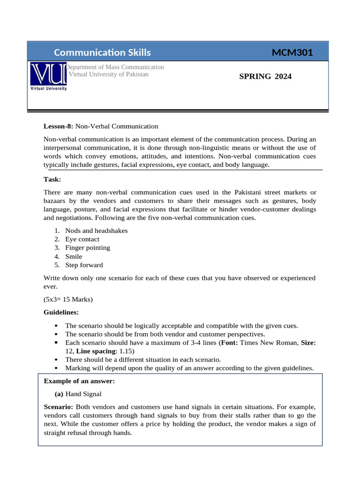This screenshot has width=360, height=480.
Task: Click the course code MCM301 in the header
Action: point(292,52)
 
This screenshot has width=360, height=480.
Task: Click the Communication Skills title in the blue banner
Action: point(102,52)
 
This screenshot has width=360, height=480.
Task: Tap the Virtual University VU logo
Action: point(48,76)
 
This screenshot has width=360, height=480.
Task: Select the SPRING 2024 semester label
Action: point(265,76)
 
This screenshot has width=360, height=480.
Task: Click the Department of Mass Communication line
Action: point(115,67)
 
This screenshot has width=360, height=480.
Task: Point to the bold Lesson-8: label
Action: point(59,126)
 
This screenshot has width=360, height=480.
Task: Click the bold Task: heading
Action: point(52,179)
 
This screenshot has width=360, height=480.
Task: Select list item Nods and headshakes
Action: point(96,231)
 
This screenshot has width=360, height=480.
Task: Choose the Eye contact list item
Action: point(82,239)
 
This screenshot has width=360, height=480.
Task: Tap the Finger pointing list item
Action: point(88,247)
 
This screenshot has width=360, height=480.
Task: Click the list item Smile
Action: point(74,256)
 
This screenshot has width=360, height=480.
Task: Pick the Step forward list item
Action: point(84,265)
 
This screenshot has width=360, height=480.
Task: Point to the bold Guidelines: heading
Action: point(61,312)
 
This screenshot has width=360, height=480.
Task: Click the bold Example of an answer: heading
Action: point(79,381)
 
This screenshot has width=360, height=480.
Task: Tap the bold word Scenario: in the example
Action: point(58,407)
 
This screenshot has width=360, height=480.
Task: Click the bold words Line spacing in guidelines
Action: point(96,351)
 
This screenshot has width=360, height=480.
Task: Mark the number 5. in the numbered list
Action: point(57,265)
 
